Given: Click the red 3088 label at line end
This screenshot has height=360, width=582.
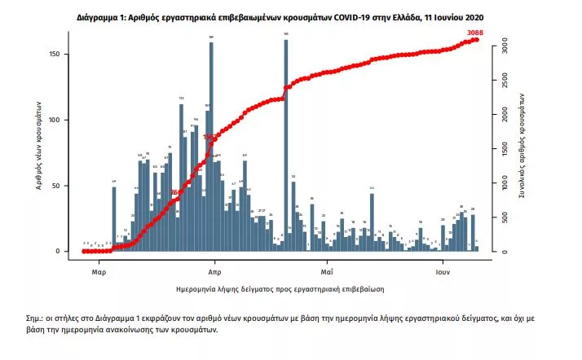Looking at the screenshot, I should pyautogui.click(x=475, y=33).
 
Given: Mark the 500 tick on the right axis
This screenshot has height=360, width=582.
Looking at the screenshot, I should pyautogui.click(x=505, y=217).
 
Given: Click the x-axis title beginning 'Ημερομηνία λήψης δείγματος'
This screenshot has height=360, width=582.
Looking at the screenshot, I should pyautogui.click(x=280, y=289).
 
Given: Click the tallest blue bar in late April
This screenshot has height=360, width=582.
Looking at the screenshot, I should pyautogui.click(x=286, y=147).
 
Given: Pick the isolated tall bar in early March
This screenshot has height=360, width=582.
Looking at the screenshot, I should pyautogui.click(x=114, y=220).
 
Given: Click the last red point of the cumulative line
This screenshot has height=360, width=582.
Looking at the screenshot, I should pyautogui.click(x=477, y=39).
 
